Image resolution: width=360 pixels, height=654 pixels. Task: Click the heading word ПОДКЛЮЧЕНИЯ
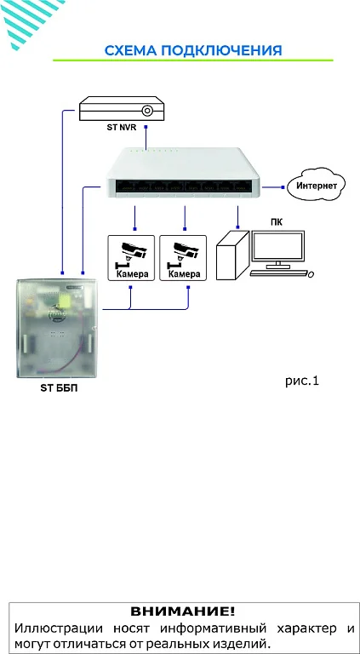point(221,50)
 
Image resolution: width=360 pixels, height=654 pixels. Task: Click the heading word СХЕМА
point(131,50)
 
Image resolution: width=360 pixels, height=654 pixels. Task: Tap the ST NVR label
point(121,128)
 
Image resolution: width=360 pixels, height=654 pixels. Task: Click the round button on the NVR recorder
point(146,111)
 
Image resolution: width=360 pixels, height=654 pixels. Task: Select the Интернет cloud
point(317,185)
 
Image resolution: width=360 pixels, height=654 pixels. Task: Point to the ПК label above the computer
point(277,222)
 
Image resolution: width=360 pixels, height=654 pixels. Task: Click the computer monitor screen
point(277,246)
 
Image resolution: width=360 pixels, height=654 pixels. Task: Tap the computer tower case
point(232,255)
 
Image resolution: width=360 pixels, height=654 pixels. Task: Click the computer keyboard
point(279,273)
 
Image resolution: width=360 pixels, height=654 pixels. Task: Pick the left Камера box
point(131,258)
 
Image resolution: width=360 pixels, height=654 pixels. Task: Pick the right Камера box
point(183,258)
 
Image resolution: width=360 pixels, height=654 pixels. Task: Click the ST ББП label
point(59,388)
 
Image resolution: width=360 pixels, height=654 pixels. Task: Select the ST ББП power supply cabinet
point(57,329)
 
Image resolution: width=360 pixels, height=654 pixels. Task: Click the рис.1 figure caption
point(301,381)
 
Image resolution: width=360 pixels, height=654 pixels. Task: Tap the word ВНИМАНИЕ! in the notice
point(183,612)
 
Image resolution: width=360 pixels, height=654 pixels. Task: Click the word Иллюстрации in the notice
point(59,628)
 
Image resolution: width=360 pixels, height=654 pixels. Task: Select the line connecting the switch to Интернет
point(272,186)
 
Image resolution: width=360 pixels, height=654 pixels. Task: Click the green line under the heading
point(193,60)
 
